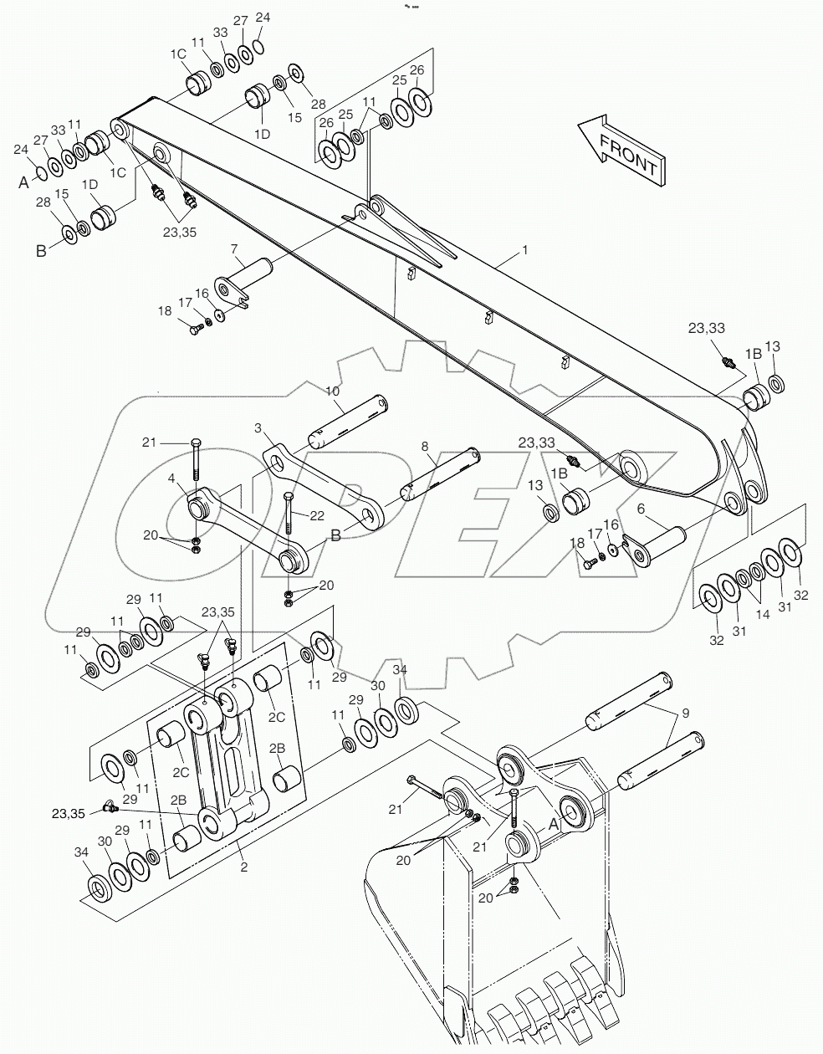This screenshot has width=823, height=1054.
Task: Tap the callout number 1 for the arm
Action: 524,250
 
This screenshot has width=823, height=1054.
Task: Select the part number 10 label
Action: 332,391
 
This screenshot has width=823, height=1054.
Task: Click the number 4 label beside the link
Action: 171,479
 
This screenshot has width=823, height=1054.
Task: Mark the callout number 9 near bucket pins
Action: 685,713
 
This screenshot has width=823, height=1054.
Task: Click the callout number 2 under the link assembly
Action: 243,867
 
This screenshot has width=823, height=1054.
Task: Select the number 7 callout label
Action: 235,250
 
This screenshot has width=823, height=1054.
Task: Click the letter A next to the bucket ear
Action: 553,823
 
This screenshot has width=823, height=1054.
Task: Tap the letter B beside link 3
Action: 335,536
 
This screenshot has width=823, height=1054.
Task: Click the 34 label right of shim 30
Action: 400,669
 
